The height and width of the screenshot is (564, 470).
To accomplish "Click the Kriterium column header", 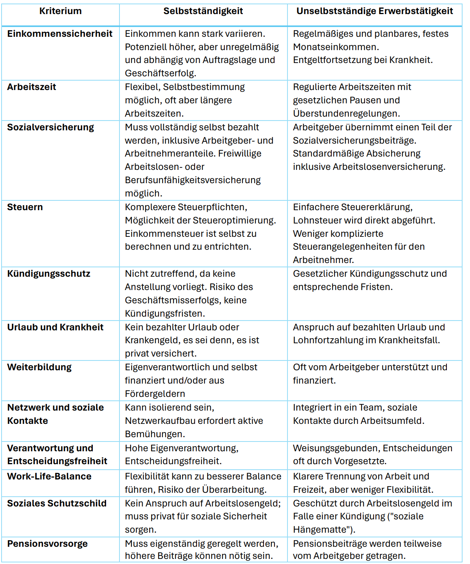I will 60,11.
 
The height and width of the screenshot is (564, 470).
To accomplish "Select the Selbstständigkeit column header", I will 203,11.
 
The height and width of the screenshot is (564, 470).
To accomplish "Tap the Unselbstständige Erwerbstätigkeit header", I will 374,11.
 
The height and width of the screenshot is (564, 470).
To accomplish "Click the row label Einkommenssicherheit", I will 60,34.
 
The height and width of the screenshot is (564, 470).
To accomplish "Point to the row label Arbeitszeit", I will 31,87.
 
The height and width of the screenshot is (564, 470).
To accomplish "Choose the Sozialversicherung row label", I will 51,127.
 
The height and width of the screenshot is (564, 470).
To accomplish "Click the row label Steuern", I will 25,207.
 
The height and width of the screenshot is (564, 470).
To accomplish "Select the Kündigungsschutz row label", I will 49,274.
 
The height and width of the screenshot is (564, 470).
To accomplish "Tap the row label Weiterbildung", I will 39,367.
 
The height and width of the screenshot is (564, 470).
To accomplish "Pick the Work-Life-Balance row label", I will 49,476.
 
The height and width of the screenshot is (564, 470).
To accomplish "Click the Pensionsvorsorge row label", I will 47,544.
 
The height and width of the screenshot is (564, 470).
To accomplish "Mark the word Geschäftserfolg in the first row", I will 160,73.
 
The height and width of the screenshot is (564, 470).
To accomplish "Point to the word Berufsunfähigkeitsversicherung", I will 193,180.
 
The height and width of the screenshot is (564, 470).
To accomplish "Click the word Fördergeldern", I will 155,394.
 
